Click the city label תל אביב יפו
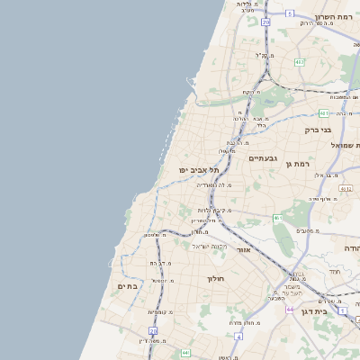coord(195,169)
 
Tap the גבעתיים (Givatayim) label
coord(264,157)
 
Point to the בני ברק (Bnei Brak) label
coord(318,130)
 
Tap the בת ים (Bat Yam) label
coord(129,285)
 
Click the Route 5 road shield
coord(290,13)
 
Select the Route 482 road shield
coord(300,62)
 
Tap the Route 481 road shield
coord(324,113)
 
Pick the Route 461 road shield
coord(279,218)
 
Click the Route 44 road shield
coord(290,308)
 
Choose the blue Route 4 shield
coord(238,336)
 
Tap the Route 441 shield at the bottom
coord(185,352)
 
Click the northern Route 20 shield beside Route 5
coord(266,22)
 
